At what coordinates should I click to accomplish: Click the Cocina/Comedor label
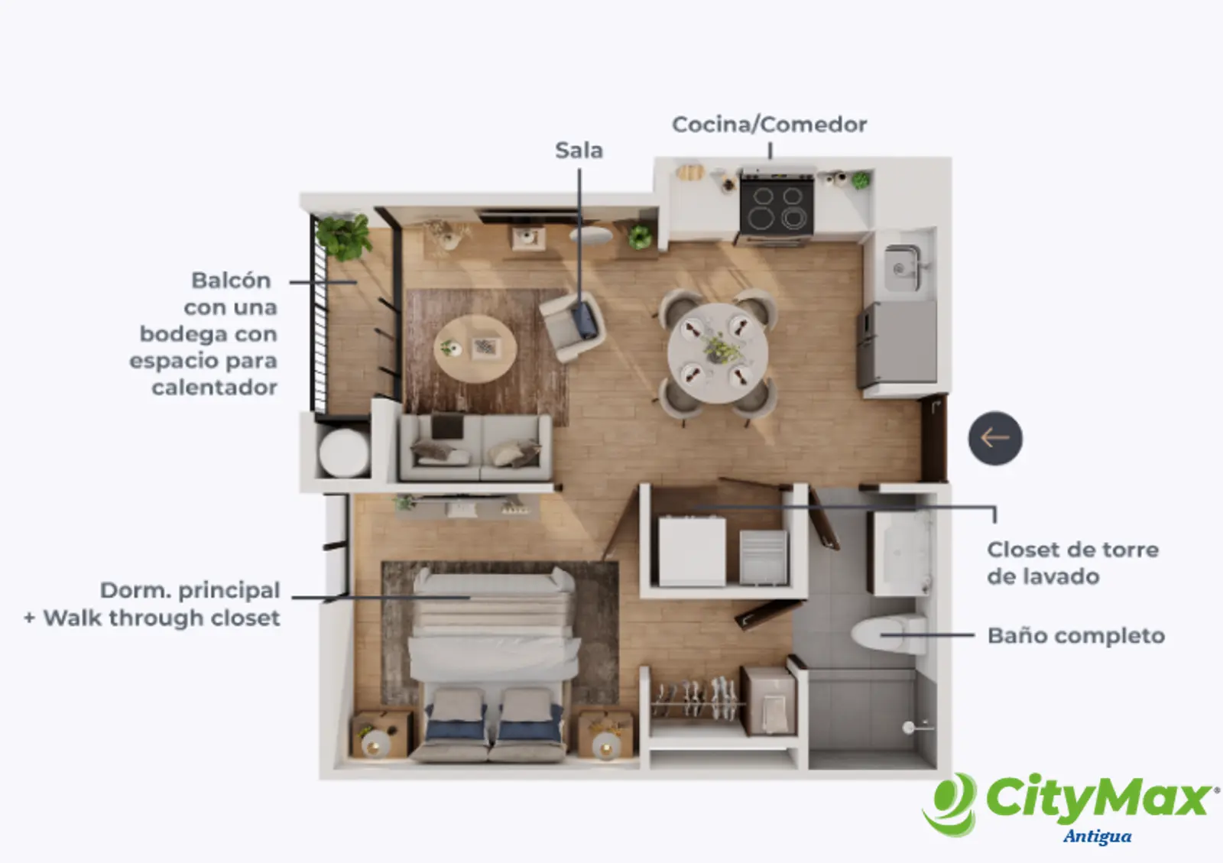pyautogui.click(x=769, y=125)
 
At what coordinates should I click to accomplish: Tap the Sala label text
pyautogui.click(x=579, y=150)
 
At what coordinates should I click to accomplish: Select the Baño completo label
pyautogui.click(x=1076, y=636)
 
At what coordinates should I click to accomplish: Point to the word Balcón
pyautogui.click(x=231, y=280)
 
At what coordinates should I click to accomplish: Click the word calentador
pyautogui.click(x=214, y=388)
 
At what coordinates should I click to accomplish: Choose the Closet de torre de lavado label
pyautogui.click(x=1072, y=563)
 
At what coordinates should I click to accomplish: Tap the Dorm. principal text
pyautogui.click(x=190, y=591)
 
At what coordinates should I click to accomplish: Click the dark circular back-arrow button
pyautogui.click(x=995, y=438)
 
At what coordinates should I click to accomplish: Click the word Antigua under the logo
pyautogui.click(x=1097, y=835)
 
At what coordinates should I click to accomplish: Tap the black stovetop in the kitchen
pyautogui.click(x=777, y=206)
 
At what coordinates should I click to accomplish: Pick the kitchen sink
pyautogui.click(x=902, y=268)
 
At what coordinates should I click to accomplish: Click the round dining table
pyautogui.click(x=718, y=352)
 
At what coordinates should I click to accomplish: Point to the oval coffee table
pyautogui.click(x=475, y=349)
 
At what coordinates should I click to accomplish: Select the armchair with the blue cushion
pyautogui.click(x=573, y=326)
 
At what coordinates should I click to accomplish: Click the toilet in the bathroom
pyautogui.click(x=888, y=634)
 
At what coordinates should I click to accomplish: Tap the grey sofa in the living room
pyautogui.click(x=475, y=448)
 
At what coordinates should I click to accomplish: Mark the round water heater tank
pyautogui.click(x=344, y=453)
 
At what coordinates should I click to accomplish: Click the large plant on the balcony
pyautogui.click(x=344, y=237)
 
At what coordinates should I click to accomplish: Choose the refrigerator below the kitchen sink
pyautogui.click(x=897, y=344)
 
